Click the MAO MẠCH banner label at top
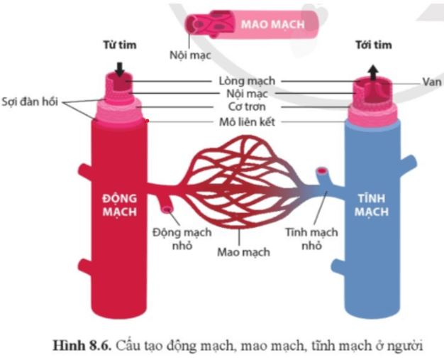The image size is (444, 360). (x=272, y=25)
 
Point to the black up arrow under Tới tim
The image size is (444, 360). (x=373, y=69)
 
